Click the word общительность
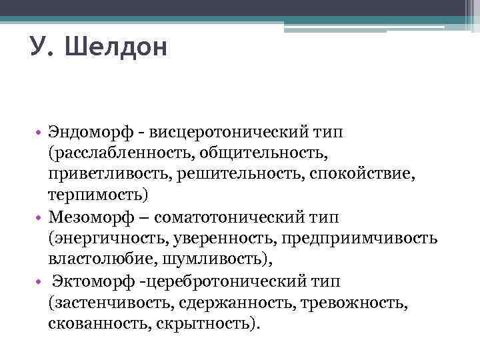pyautogui.click(x=270, y=153)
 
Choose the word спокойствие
pyautogui.click(x=365, y=175)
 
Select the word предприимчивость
pyautogui.click(x=360, y=239)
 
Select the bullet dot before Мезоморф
pyautogui.click(x=40, y=218)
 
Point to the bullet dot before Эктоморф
pyautogui.click(x=40, y=282)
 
